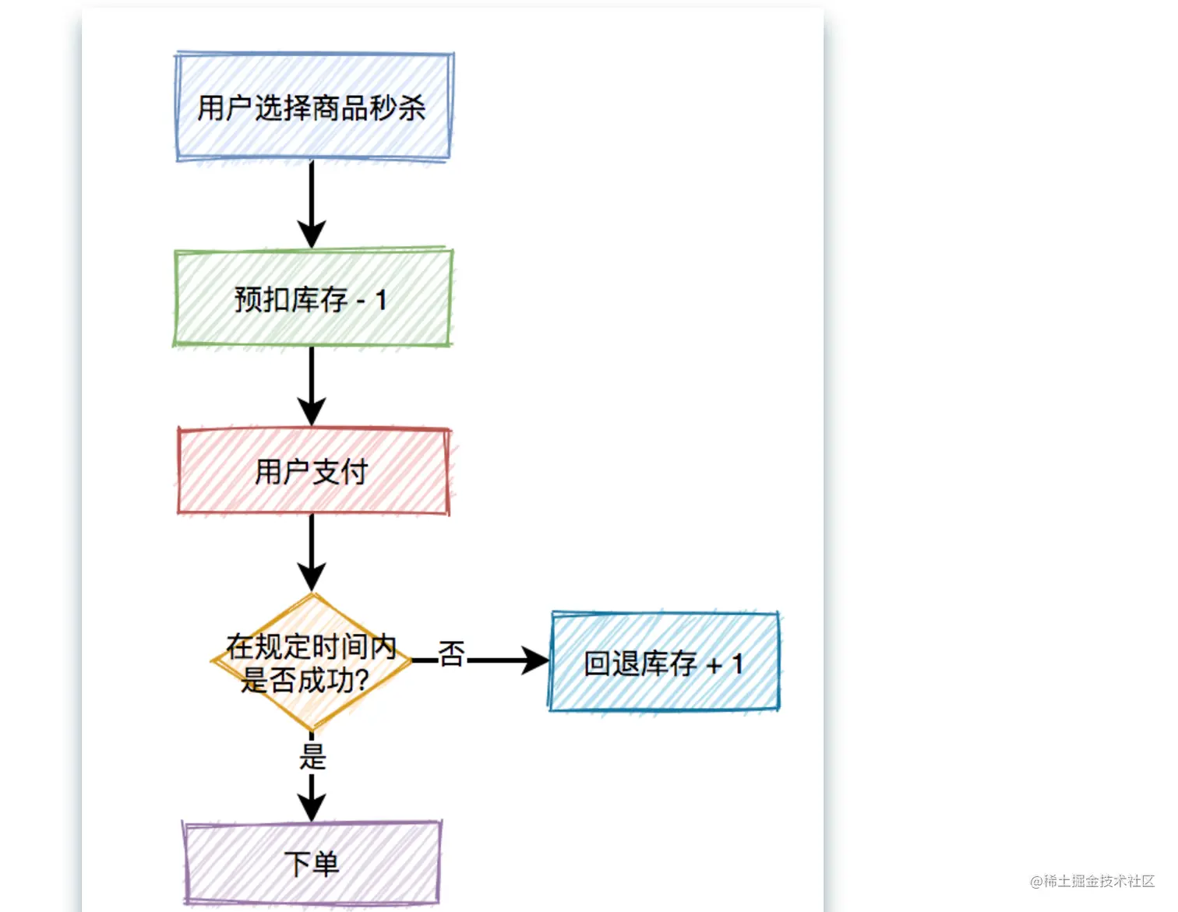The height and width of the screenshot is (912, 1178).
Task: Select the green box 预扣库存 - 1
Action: click(312, 298)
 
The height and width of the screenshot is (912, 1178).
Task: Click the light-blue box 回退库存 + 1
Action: click(664, 662)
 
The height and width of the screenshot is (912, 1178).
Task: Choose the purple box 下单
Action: click(312, 863)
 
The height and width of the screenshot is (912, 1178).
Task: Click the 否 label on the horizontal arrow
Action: click(451, 654)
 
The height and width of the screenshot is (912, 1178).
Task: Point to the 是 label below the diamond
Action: click(312, 756)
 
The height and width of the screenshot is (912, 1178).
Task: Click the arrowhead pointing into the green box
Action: click(312, 234)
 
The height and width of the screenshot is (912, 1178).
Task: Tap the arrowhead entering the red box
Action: click(312, 411)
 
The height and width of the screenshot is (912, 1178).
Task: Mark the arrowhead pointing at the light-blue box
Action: click(535, 660)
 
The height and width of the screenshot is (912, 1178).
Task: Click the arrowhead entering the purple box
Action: click(312, 807)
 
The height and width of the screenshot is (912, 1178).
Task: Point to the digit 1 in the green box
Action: click(381, 300)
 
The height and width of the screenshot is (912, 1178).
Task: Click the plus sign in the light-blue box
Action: click(713, 666)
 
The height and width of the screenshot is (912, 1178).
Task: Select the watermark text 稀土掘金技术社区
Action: click(1099, 881)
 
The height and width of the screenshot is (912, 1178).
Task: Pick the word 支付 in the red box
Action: click(340, 471)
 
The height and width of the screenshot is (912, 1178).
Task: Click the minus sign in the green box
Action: click(361, 301)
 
